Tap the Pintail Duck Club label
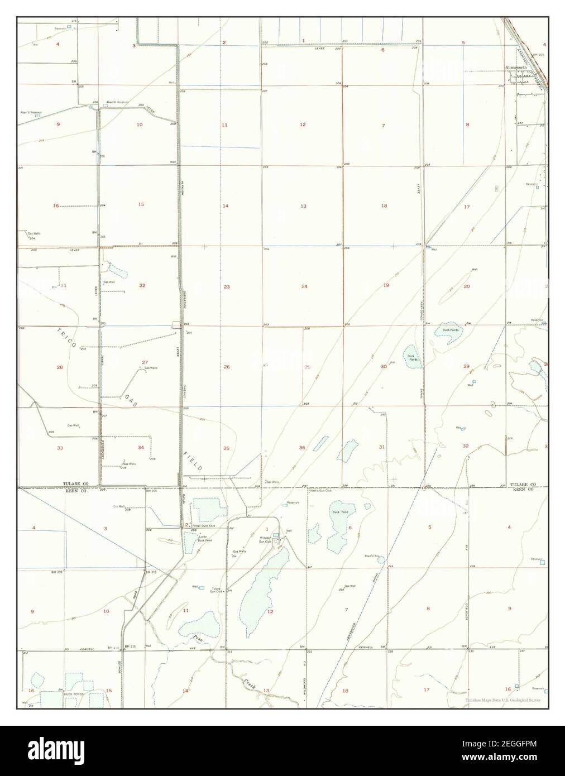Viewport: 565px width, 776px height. (203, 526)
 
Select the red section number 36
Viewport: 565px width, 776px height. (302, 448)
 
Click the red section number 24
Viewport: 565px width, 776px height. (304, 286)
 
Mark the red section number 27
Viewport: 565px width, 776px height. (145, 362)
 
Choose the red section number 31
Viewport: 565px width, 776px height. (382, 447)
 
